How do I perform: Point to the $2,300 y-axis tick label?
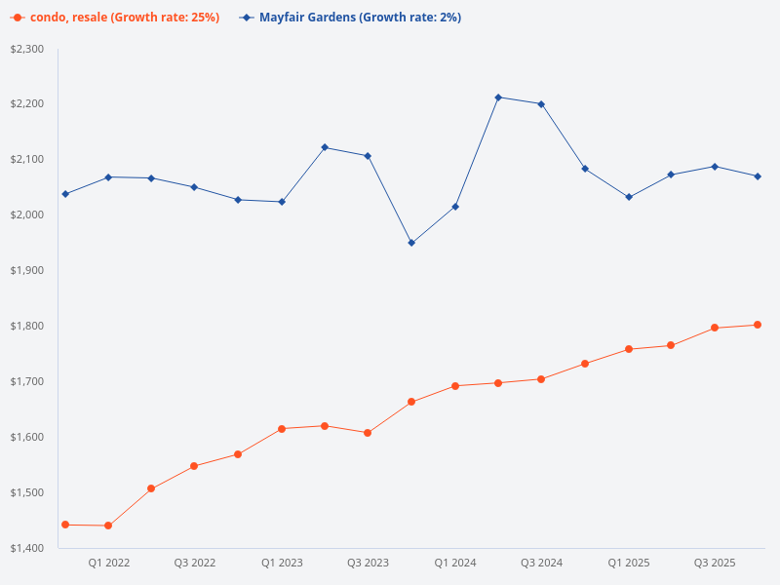point(27,49)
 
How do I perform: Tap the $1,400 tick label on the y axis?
point(27,548)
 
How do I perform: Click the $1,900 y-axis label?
point(27,270)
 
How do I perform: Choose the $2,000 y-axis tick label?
point(27,214)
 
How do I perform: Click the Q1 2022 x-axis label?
point(108,564)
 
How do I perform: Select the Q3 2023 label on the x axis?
point(368,564)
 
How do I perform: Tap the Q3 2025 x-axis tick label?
point(715,564)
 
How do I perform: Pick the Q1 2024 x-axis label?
point(454,564)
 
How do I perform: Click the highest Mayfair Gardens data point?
point(498,97)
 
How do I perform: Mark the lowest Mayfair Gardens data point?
point(411,243)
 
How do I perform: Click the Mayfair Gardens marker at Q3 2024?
point(541,104)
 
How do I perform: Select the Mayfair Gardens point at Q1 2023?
point(282,202)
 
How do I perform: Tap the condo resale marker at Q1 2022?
point(108,526)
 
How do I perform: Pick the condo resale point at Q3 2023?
point(368,433)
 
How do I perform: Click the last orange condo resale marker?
point(758,325)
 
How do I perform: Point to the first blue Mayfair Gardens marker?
point(65,194)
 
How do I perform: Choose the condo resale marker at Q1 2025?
point(629,349)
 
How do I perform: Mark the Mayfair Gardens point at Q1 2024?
point(455,207)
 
